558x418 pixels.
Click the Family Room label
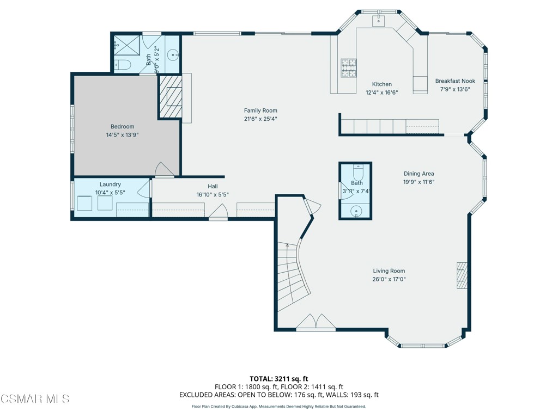(x=260, y=110)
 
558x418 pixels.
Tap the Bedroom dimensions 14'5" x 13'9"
(x=122, y=135)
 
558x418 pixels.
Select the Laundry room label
(x=110, y=185)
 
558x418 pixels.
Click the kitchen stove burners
(x=348, y=67)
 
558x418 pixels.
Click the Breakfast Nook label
(x=455, y=81)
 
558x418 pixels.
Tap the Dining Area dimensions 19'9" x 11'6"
(x=418, y=182)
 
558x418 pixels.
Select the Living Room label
(x=389, y=271)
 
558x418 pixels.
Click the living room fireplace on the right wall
(x=462, y=275)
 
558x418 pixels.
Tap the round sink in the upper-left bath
(x=173, y=54)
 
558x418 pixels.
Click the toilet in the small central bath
(x=357, y=173)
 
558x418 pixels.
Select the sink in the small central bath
(x=356, y=210)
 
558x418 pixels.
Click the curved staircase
(x=292, y=278)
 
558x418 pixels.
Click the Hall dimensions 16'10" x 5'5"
(x=216, y=195)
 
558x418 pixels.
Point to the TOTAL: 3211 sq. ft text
(x=278, y=379)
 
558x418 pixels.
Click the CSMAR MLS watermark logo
(x=35, y=399)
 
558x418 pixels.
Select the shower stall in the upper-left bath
(x=127, y=46)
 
